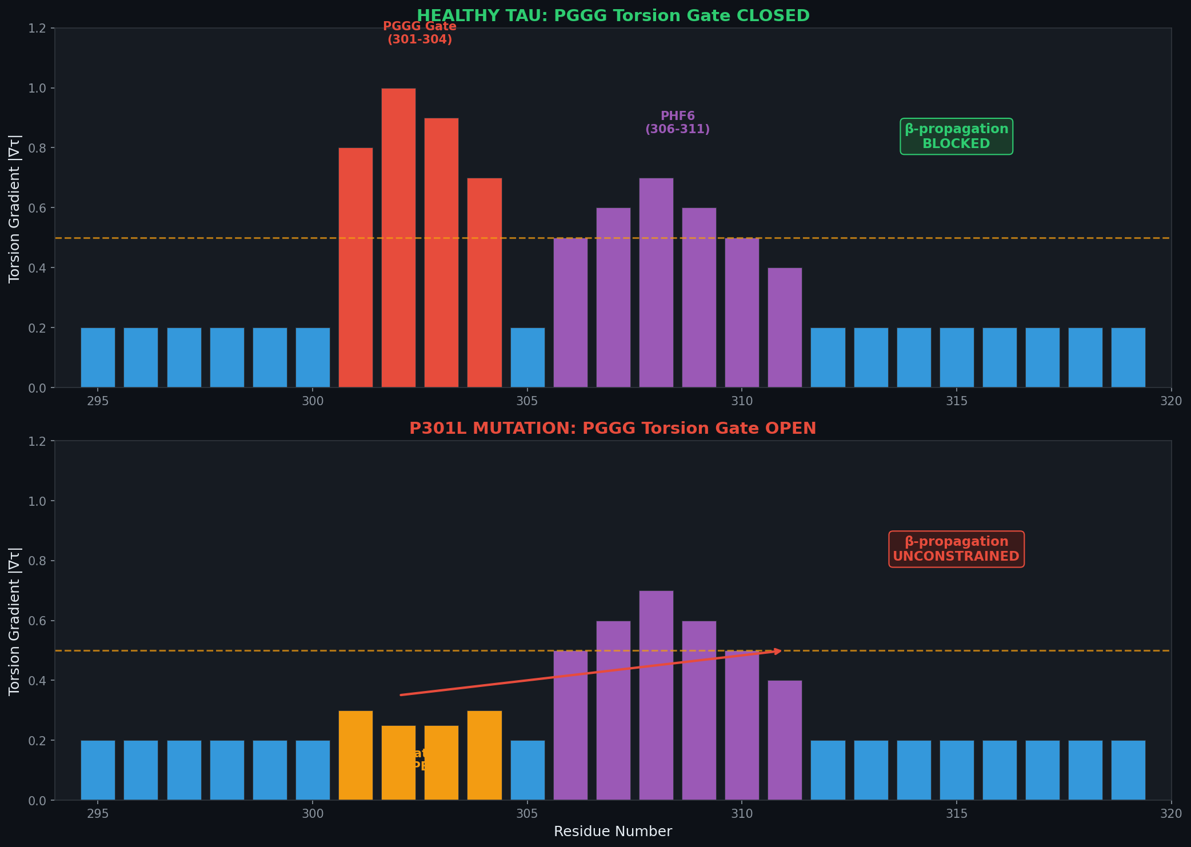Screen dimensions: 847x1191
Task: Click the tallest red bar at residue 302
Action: tap(398, 238)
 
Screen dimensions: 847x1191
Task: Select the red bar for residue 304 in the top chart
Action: tap(484, 283)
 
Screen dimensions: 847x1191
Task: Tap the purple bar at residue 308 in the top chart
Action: tap(656, 283)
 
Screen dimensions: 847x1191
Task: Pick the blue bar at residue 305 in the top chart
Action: tap(527, 358)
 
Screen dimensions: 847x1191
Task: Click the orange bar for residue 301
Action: tap(355, 755)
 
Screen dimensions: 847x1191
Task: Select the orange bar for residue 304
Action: tap(484, 755)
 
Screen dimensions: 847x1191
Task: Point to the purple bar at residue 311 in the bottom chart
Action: tap(785, 740)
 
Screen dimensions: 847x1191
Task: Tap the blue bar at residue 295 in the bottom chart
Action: tap(98, 770)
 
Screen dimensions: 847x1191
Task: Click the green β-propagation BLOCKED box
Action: tap(956, 137)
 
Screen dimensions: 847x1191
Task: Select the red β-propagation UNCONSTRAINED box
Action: tap(956, 549)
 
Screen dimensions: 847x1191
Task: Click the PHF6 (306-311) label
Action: tap(677, 123)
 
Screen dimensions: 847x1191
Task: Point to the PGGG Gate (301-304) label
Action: tap(419, 33)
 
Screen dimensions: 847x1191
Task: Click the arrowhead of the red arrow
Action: tap(778, 651)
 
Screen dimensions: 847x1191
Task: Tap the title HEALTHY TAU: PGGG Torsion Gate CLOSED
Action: tap(613, 16)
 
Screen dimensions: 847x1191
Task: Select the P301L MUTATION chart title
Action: tap(613, 429)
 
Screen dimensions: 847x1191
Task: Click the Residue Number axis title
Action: tap(613, 832)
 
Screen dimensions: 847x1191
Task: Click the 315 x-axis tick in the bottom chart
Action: tap(956, 812)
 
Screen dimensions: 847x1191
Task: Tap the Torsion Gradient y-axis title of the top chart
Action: tap(15, 208)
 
